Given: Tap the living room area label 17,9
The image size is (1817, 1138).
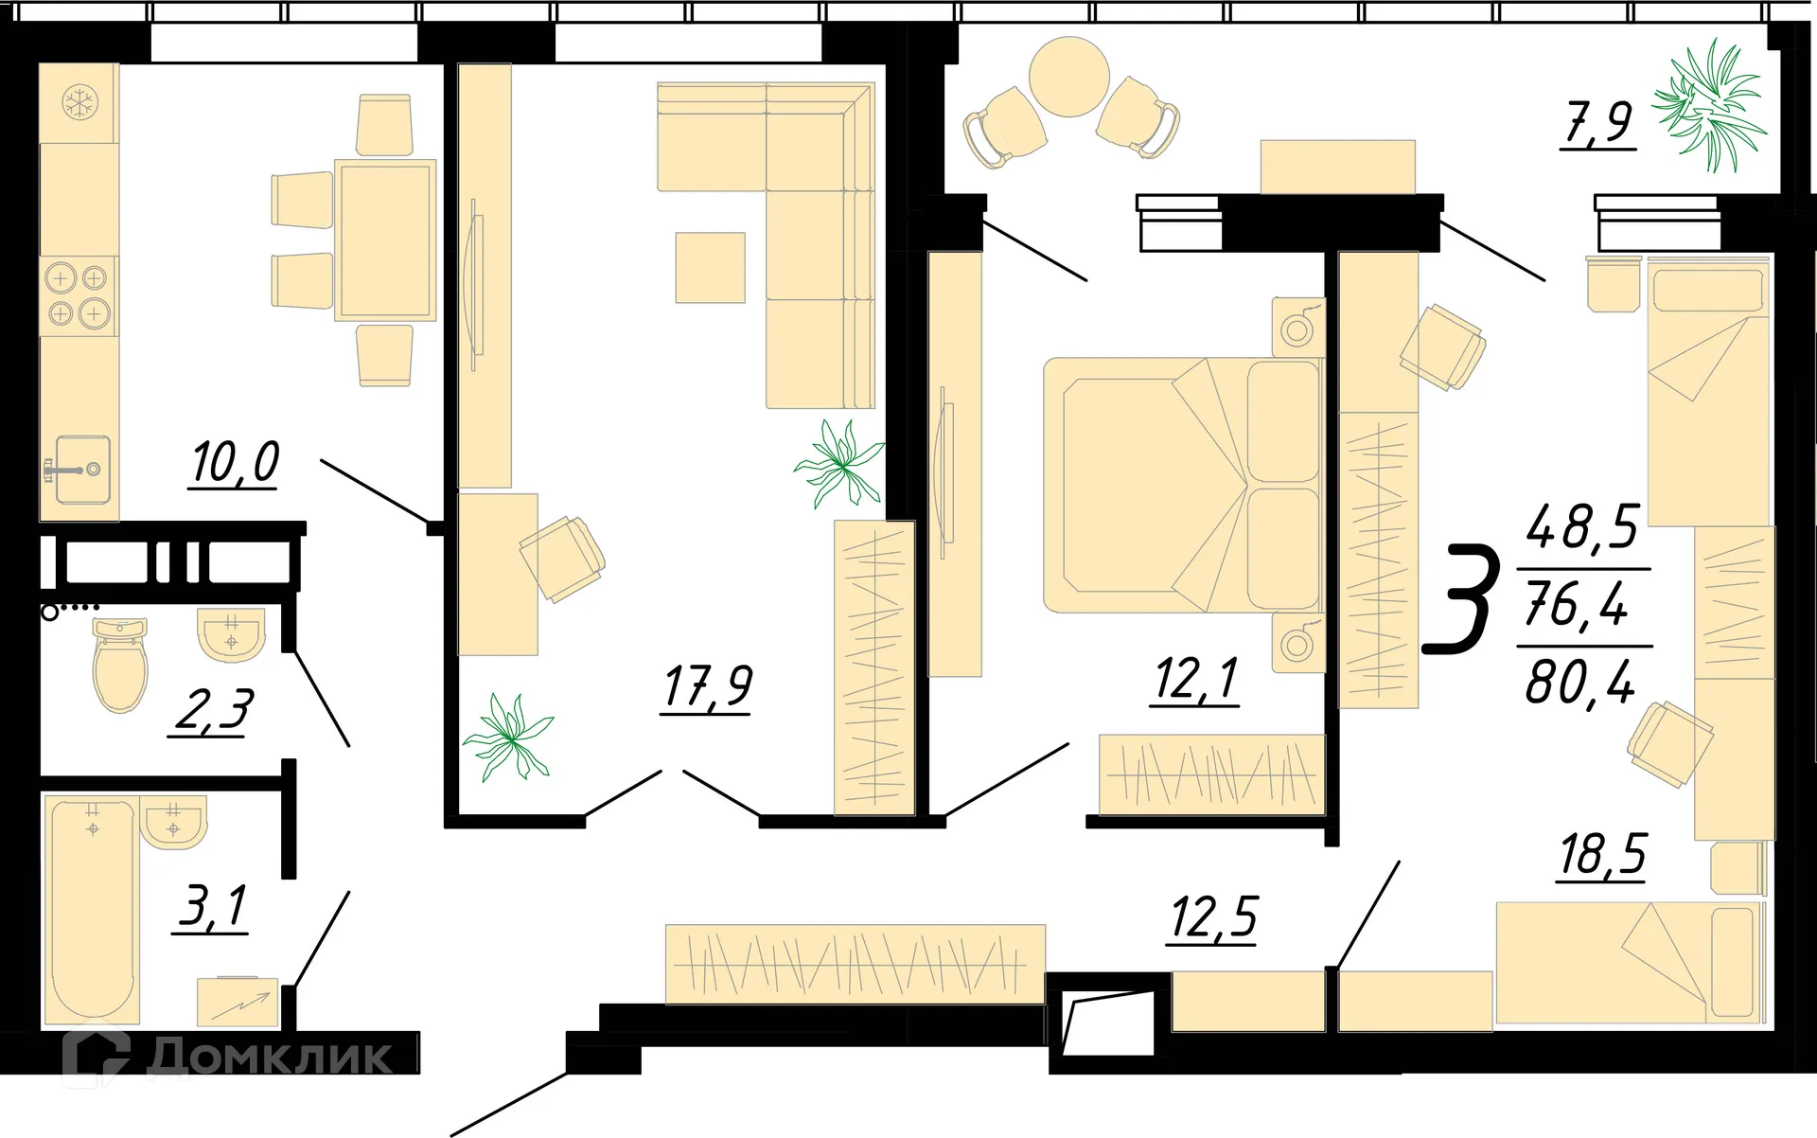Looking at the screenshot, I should click(707, 686).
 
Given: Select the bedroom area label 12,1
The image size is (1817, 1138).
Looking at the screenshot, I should click(1195, 680).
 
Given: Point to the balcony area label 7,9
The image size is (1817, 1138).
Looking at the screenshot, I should click(1597, 123).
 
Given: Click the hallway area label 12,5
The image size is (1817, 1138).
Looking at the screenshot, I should click(1213, 916).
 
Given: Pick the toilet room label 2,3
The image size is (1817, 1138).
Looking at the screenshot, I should click(213, 711).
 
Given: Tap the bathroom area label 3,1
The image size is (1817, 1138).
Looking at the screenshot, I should click(212, 906).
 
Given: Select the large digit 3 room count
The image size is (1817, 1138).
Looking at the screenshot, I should click(1462, 600).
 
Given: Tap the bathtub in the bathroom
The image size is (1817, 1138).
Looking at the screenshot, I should click(92, 909).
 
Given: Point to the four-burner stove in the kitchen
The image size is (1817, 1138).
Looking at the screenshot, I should click(78, 295).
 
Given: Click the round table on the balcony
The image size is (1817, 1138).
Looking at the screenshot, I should click(1068, 77).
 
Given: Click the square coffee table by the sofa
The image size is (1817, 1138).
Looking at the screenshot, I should click(710, 267).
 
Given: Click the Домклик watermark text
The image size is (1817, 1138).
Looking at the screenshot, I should click(270, 1057).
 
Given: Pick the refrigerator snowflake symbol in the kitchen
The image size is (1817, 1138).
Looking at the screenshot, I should click(79, 102).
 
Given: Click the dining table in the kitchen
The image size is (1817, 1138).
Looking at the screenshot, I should click(384, 240).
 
